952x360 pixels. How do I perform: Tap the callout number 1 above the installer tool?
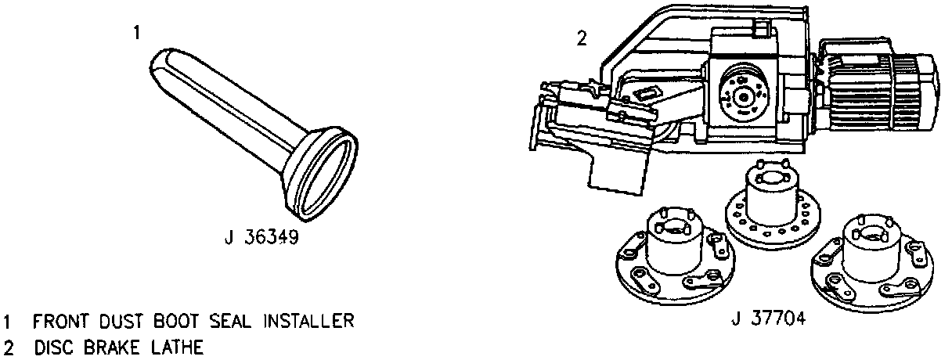(136, 32)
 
